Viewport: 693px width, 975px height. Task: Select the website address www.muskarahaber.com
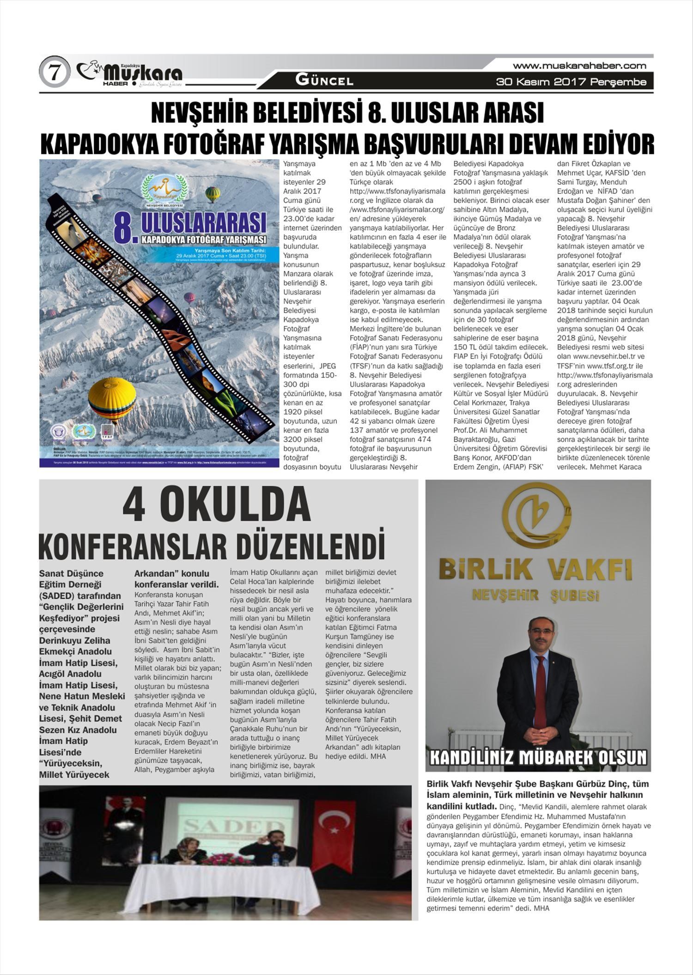(x=579, y=66)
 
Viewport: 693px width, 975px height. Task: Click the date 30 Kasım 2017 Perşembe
(x=571, y=82)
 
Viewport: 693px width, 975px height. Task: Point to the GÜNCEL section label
(x=324, y=80)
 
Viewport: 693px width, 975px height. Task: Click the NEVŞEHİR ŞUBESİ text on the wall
(x=538, y=595)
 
